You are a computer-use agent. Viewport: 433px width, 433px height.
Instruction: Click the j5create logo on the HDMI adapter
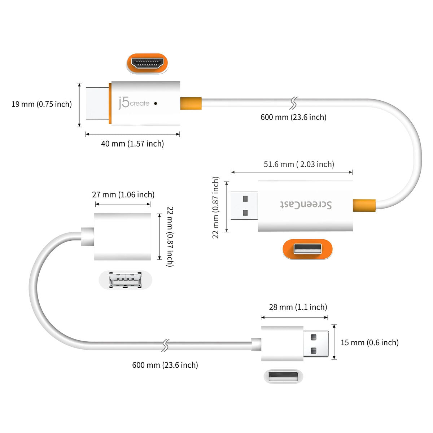pyautogui.click(x=134, y=103)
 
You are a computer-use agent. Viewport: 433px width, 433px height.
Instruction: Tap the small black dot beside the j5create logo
pyautogui.click(x=156, y=103)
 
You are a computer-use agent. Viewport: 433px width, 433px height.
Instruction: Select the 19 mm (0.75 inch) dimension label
pyautogui.click(x=41, y=104)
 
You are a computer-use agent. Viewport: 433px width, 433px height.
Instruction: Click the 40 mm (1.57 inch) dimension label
pyautogui.click(x=132, y=144)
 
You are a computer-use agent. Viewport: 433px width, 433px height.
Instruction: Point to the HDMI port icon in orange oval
pyautogui.click(x=147, y=64)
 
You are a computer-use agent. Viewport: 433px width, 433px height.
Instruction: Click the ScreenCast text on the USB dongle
pyautogui.click(x=306, y=205)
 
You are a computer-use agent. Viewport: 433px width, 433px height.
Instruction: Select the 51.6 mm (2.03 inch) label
pyautogui.click(x=299, y=165)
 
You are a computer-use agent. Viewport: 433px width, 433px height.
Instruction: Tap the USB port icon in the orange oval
pyautogui.click(x=307, y=249)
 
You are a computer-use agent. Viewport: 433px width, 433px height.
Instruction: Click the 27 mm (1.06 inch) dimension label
pyautogui.click(x=123, y=195)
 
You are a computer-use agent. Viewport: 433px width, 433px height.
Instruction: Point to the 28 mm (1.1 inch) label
pyautogui.click(x=298, y=307)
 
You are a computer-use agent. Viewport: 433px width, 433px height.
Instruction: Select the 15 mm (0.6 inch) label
pyautogui.click(x=369, y=342)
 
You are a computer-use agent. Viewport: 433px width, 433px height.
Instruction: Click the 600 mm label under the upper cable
pyautogui.click(x=293, y=117)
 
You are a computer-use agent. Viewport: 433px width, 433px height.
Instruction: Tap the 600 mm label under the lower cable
pyautogui.click(x=165, y=365)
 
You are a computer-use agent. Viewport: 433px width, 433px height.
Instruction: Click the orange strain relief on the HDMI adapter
pyautogui.click(x=191, y=103)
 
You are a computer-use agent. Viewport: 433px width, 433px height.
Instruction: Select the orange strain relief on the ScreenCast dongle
pyautogui.click(x=364, y=205)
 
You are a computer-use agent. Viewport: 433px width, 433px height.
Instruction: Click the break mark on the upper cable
pyautogui.click(x=293, y=103)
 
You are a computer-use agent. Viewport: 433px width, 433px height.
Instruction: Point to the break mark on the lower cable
pyautogui.click(x=165, y=345)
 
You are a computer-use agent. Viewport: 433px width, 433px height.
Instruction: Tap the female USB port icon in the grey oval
pyautogui.click(x=125, y=280)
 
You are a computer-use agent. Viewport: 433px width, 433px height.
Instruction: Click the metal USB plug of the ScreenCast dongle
pyautogui.click(x=244, y=206)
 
